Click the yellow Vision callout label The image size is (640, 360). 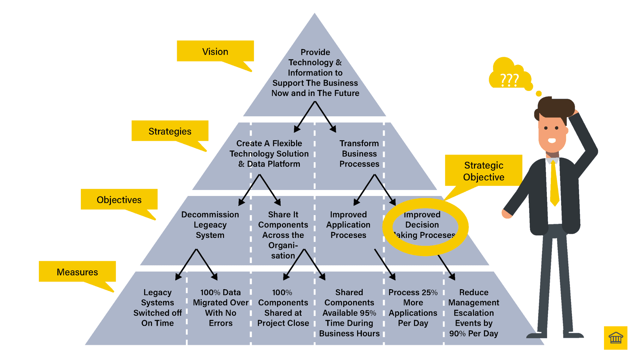point(215,51)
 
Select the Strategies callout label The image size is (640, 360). point(170,131)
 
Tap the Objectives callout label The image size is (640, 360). point(119,199)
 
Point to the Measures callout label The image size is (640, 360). point(77,272)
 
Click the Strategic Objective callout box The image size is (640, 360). point(483,171)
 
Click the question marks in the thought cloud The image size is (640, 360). point(509,80)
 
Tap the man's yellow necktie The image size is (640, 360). point(554,183)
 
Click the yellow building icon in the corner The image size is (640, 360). point(615,338)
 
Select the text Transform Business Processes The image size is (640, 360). point(359,153)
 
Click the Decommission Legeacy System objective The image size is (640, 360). point(210,225)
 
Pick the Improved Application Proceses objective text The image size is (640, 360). point(348,225)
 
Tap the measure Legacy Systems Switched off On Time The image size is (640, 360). point(157,307)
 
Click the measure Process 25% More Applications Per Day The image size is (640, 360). point(413,307)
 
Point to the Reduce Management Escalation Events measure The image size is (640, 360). point(473,313)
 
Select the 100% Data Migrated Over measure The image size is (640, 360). point(221,307)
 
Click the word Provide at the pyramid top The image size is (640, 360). point(315,52)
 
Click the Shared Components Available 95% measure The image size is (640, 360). point(349,313)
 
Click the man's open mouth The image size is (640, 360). point(552,140)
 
